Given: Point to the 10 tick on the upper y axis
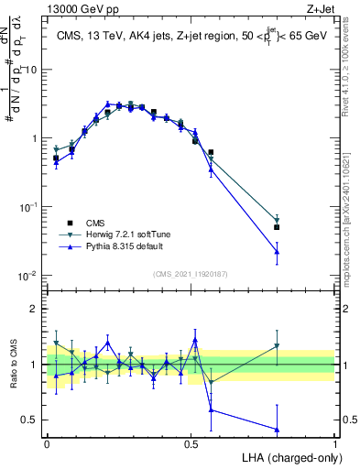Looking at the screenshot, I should [x=31, y=70].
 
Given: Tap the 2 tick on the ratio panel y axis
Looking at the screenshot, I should [x=35, y=309].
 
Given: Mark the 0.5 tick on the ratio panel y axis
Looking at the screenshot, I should [x=31, y=420].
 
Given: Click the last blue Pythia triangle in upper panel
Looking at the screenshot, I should [x=277, y=251].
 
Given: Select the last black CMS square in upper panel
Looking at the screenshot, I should [x=277, y=227].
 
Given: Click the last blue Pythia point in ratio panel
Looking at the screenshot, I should [x=277, y=429].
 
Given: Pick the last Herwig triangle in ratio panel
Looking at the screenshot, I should [x=277, y=346].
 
